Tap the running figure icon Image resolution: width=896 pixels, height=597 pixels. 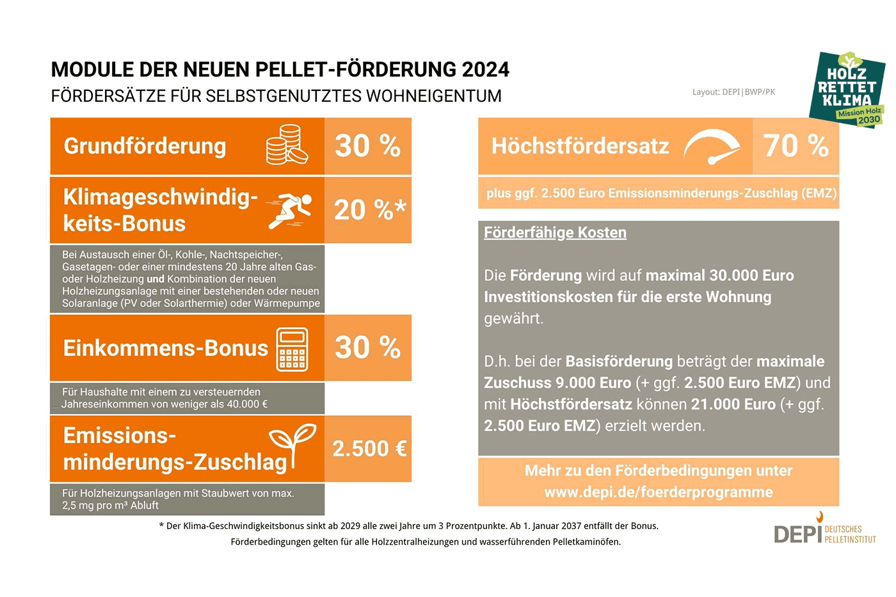click(290, 210)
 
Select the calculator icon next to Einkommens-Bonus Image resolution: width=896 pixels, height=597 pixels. click(292, 349)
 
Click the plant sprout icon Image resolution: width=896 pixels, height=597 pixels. click(292, 444)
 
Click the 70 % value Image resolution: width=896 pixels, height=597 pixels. click(796, 146)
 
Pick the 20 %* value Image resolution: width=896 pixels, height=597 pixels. click(369, 210)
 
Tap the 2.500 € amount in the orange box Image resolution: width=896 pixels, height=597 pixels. click(369, 449)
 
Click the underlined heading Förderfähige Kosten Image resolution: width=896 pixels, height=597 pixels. click(555, 232)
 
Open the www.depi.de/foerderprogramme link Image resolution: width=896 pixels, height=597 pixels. click(658, 492)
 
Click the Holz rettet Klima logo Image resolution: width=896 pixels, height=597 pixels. click(847, 89)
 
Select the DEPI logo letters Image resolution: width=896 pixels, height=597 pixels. click(797, 534)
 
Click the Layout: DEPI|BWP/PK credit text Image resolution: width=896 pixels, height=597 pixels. click(733, 92)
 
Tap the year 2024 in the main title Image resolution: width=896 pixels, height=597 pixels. click(485, 69)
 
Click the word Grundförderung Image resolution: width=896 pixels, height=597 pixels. click(145, 146)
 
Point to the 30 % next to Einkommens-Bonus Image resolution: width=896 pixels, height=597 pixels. click(367, 347)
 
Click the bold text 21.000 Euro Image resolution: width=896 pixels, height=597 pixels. click(733, 404)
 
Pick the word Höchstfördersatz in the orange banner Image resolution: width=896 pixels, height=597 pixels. click(580, 146)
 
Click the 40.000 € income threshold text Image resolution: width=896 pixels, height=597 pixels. click(247, 404)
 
